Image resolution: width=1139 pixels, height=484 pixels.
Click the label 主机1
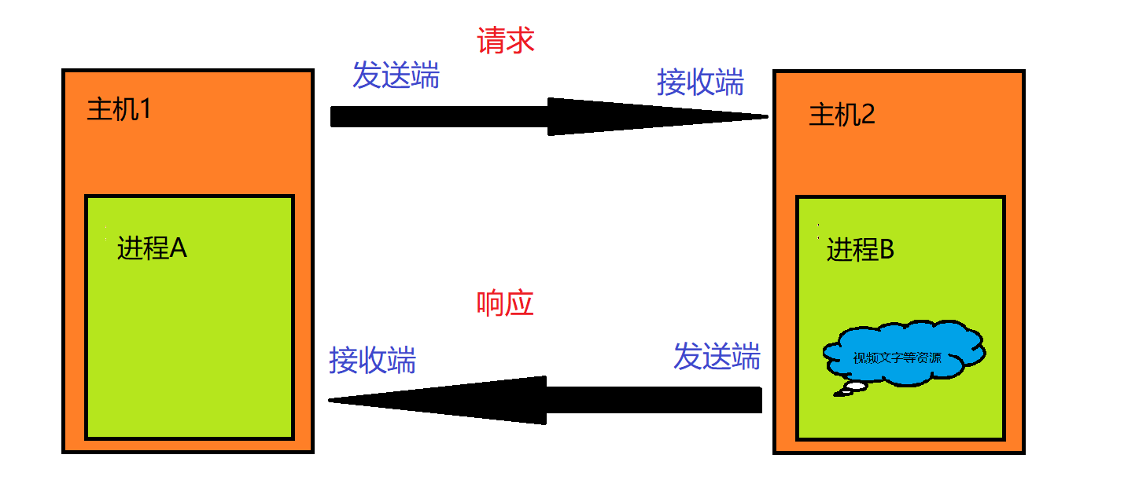pos(118,109)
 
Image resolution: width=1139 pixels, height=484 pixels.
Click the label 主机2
pos(842,115)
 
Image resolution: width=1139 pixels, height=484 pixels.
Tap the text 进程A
pos(152,248)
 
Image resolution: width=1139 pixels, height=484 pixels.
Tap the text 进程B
pos(861,250)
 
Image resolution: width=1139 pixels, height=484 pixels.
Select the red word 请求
pos(506,40)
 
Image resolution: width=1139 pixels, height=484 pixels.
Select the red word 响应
pos(505,303)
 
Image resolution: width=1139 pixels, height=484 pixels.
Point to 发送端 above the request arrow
pos(396,75)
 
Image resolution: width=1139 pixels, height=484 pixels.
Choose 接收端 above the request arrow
pos(700,82)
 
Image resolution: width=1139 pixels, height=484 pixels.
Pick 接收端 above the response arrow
pos(372,360)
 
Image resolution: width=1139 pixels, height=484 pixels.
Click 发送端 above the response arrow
pos(717,357)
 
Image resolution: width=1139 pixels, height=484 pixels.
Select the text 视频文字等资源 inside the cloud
pos(897,358)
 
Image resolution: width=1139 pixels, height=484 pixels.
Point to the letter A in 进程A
pos(179,248)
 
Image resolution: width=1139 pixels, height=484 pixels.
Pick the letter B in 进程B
pos(887,250)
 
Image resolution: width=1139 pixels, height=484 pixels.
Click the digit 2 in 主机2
pos(868,115)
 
